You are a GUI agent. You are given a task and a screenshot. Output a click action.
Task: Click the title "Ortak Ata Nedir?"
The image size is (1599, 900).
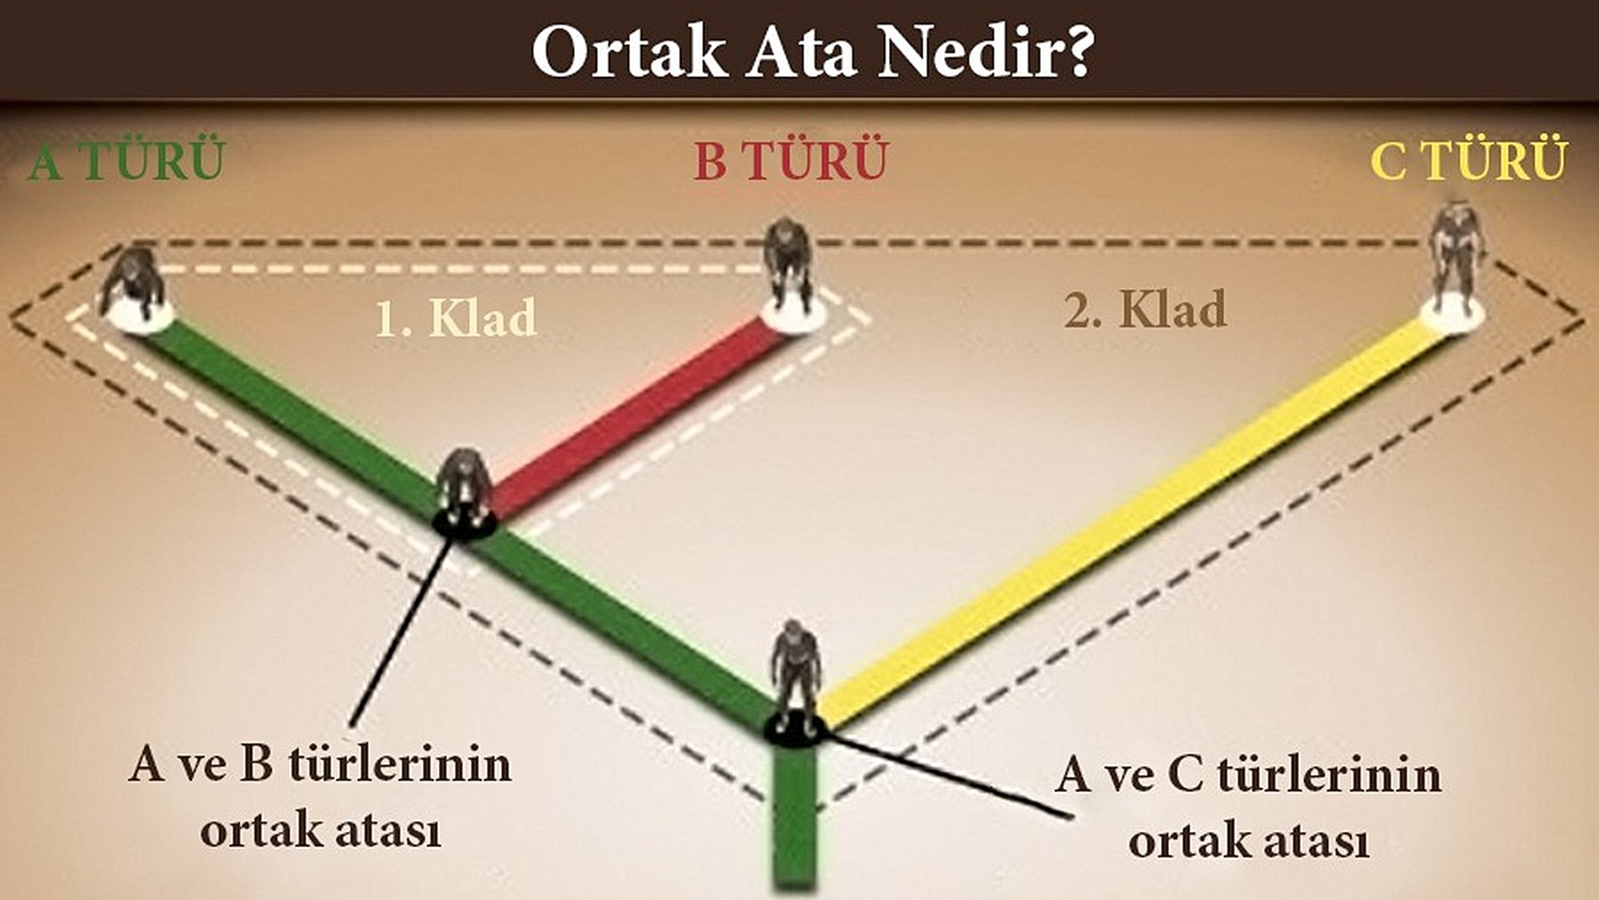[812, 53]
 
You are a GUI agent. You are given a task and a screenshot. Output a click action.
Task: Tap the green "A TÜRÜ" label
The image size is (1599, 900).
[126, 161]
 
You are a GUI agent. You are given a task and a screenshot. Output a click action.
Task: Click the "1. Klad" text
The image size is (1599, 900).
[457, 317]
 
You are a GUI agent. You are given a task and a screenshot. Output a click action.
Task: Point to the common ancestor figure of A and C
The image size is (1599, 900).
[795, 679]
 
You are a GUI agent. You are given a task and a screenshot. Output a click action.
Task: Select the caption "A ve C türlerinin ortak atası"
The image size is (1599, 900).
[1248, 807]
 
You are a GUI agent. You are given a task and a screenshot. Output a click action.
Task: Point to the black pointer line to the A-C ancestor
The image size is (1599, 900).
[947, 774]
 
